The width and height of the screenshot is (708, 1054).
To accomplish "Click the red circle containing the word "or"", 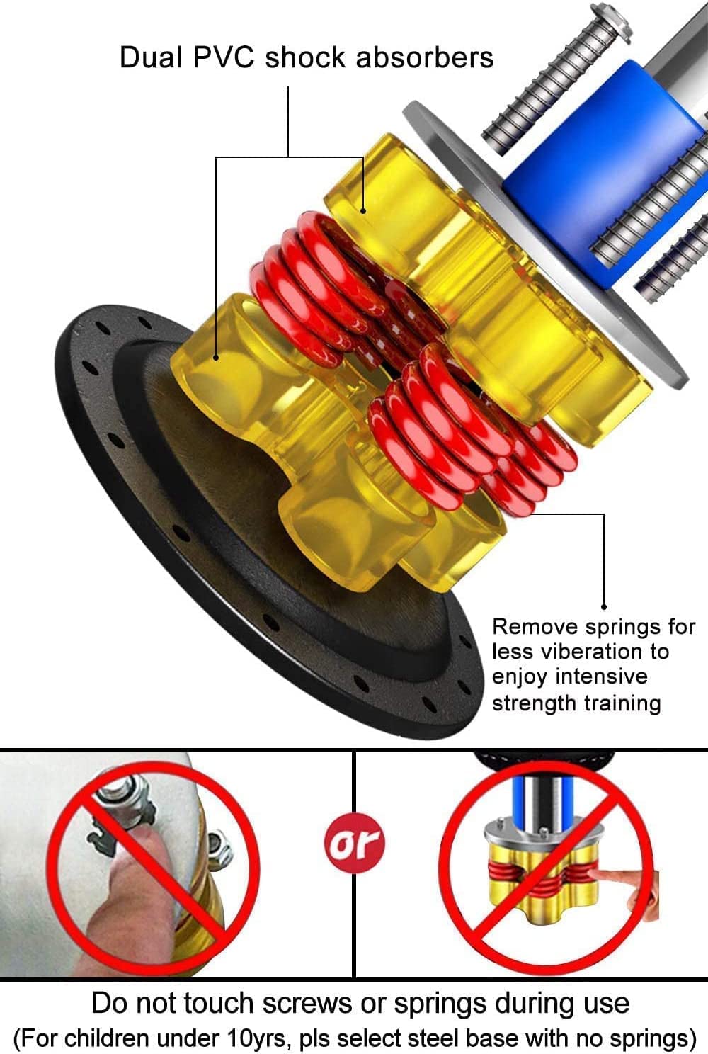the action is pyautogui.click(x=355, y=843).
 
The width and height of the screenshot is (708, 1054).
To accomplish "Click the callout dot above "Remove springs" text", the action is pyautogui.click(x=604, y=607).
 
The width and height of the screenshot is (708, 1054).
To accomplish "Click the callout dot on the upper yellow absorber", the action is pyautogui.click(x=363, y=211).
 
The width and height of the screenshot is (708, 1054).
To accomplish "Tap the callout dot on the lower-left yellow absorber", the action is pyautogui.click(x=216, y=358).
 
